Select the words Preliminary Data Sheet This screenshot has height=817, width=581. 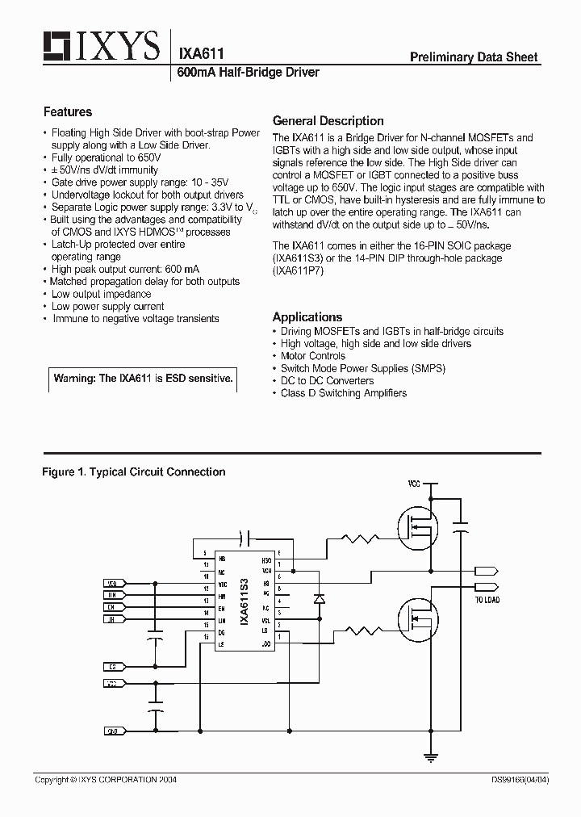tap(474, 57)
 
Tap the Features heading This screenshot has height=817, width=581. tap(68, 112)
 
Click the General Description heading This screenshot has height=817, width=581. tap(328, 121)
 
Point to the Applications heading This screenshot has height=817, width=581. tap(307, 317)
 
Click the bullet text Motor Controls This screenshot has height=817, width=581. tap(312, 356)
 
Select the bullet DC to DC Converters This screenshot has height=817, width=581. tap(327, 381)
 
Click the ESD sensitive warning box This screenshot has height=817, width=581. tap(144, 379)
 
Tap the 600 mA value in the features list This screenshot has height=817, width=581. tap(182, 270)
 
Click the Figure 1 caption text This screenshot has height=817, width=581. tap(133, 472)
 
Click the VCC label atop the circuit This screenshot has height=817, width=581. tap(414, 484)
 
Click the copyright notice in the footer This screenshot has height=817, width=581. tap(106, 780)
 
